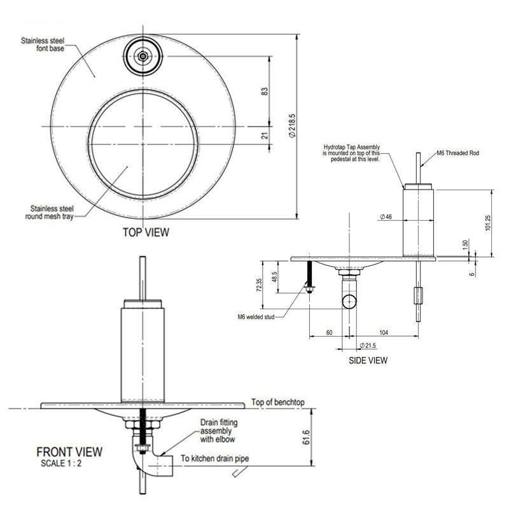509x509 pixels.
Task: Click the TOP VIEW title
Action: tap(146, 232)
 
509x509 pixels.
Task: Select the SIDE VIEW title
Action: tap(368, 360)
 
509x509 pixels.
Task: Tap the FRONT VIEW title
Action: tap(69, 452)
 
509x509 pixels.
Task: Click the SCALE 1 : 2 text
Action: tap(61, 463)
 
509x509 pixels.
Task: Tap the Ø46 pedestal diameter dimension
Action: tap(386, 217)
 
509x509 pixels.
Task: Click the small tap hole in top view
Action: tap(144, 57)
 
